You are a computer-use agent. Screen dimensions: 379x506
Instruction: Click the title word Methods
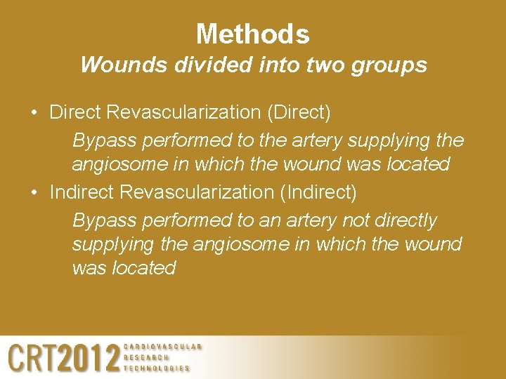252,34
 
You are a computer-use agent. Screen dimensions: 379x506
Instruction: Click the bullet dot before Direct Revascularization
34,112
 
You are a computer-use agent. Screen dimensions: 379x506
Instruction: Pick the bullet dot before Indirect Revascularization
34,192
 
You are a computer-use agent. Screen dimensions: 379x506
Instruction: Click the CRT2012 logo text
63,359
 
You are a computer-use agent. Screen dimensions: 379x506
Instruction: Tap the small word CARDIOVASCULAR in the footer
162,347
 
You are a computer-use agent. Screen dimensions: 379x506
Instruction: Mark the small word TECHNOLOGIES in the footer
156,368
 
